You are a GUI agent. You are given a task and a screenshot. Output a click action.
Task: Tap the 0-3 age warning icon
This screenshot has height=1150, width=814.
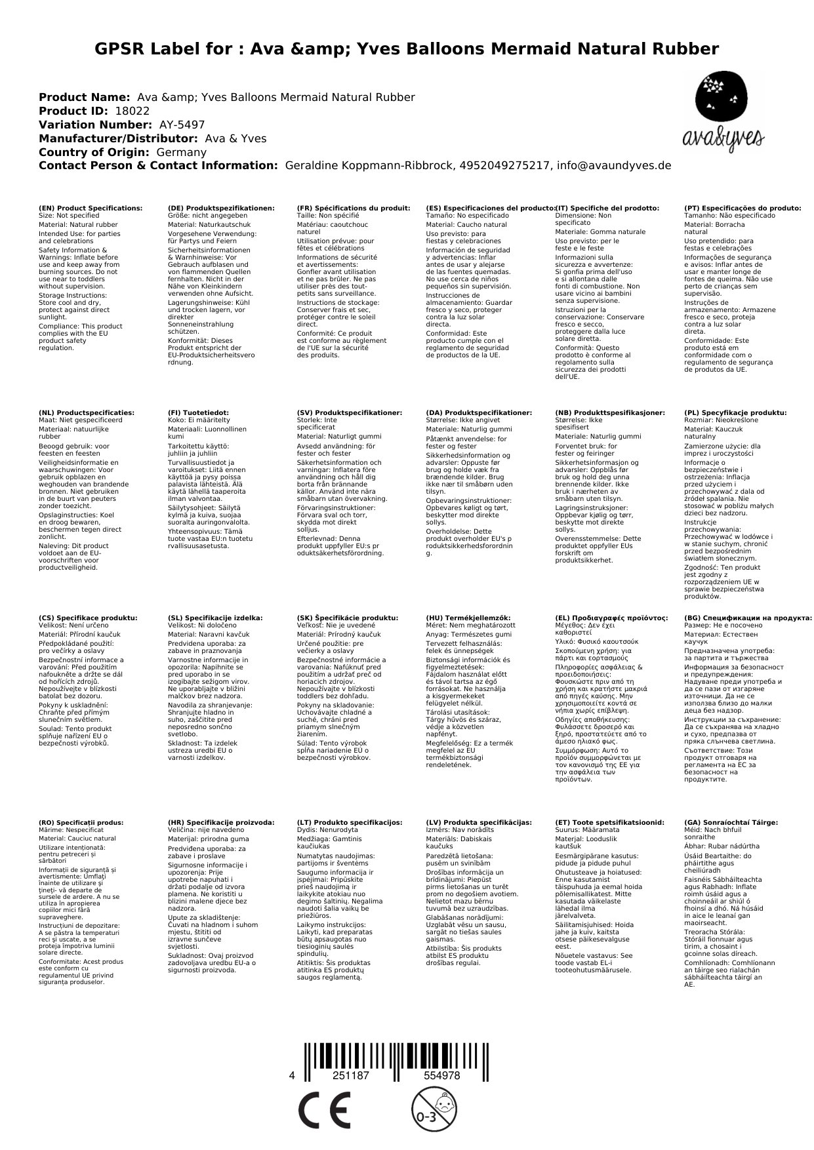click(428, 1109)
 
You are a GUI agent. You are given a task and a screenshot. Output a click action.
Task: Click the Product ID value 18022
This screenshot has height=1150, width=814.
click(132, 111)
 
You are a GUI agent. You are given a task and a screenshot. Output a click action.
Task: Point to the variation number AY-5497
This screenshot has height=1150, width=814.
click(182, 125)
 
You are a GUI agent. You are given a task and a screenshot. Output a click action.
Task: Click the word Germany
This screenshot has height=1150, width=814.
click(181, 152)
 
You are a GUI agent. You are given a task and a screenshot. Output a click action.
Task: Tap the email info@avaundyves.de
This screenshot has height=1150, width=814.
click(614, 166)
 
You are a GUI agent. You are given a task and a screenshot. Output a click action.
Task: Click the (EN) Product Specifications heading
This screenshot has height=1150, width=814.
click(91, 208)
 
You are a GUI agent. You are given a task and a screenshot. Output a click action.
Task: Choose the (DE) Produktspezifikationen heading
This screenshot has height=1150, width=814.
click(221, 208)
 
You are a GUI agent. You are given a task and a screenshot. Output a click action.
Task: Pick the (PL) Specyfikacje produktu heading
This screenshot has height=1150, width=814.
click(735, 413)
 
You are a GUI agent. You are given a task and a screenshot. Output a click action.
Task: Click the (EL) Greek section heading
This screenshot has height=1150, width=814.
click(611, 618)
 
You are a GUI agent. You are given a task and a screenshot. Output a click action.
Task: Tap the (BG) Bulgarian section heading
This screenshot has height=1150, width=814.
click(748, 618)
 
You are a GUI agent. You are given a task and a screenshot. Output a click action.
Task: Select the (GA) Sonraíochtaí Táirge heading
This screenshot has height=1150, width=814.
click(731, 822)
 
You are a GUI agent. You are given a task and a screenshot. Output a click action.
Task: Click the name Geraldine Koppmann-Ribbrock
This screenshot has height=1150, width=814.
click(369, 166)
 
